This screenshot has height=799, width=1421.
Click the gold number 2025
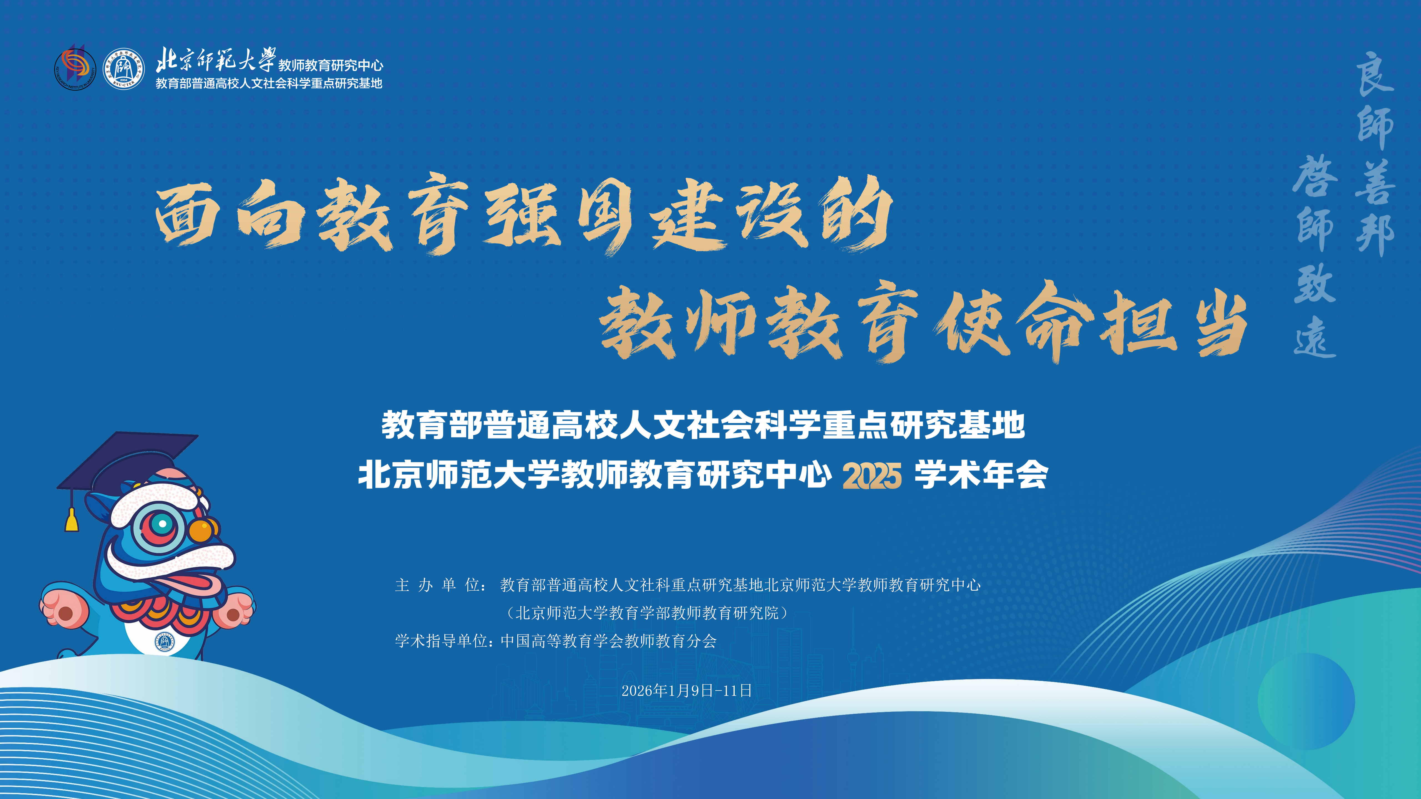872,475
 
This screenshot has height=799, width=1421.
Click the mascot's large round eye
162,524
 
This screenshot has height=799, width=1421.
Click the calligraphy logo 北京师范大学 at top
215,60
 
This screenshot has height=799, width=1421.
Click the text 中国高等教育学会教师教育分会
608,641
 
